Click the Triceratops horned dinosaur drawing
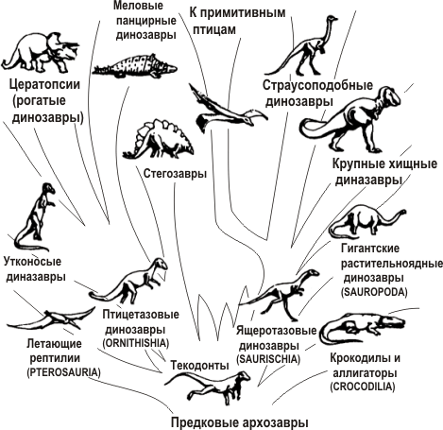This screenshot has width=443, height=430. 41,52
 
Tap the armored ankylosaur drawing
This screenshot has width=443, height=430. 135,67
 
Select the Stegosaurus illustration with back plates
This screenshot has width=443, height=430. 158,138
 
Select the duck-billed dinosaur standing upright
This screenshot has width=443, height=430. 35,216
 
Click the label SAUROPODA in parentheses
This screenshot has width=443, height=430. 374,292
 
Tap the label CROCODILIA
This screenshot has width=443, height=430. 363,387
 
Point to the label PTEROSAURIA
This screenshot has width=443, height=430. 64,372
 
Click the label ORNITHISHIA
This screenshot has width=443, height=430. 136,343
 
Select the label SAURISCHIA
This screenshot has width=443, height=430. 268,359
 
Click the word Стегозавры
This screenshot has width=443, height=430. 175,174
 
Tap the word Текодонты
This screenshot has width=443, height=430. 199,365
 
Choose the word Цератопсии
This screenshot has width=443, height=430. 44,84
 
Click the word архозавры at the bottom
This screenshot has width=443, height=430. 274,421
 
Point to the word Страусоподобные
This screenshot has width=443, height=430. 317,85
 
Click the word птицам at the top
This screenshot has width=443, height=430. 214,29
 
